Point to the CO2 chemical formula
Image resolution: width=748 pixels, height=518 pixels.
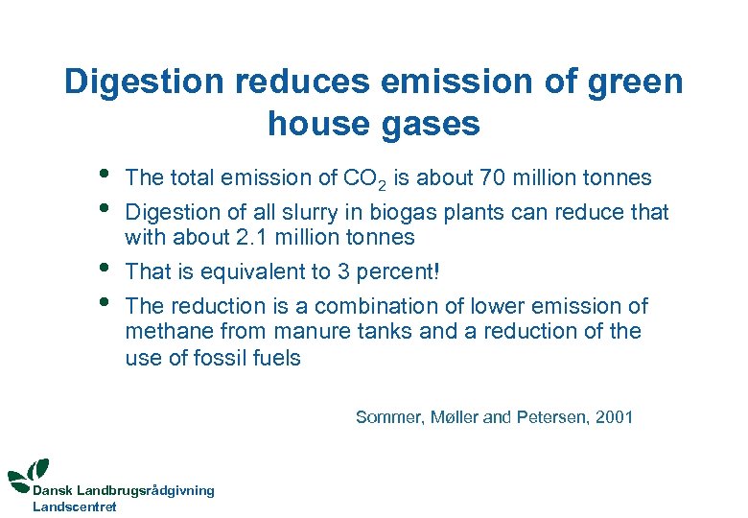[364, 178]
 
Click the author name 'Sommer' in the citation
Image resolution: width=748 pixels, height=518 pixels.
[386, 416]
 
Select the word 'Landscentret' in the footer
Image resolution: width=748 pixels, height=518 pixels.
[74, 506]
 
